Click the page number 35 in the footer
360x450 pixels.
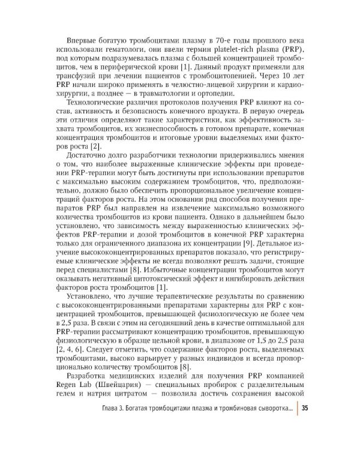click(305, 409)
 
